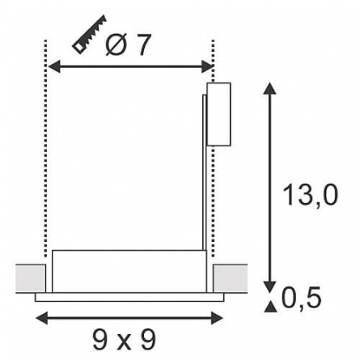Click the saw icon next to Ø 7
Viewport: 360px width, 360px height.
[x=89, y=35]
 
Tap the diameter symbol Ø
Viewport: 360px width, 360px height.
[x=116, y=44]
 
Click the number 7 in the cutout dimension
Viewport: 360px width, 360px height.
[x=142, y=44]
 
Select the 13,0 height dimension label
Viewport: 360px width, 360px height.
[x=311, y=195]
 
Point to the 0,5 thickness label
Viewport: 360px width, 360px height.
[x=302, y=298]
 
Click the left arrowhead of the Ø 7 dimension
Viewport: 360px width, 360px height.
[x=53, y=66]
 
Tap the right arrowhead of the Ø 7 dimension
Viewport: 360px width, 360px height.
[x=208, y=66]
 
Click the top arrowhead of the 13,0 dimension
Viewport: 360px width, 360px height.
[x=269, y=89]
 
